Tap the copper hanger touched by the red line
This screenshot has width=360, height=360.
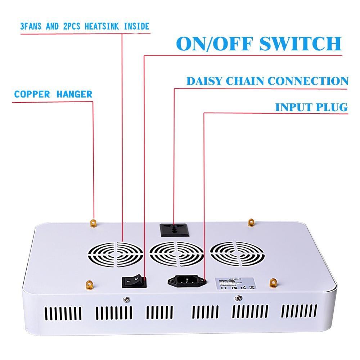click(x=94, y=223)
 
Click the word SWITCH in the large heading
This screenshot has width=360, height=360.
click(x=300, y=44)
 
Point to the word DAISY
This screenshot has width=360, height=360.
click(x=204, y=81)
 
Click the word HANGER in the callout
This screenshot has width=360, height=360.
click(x=74, y=95)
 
